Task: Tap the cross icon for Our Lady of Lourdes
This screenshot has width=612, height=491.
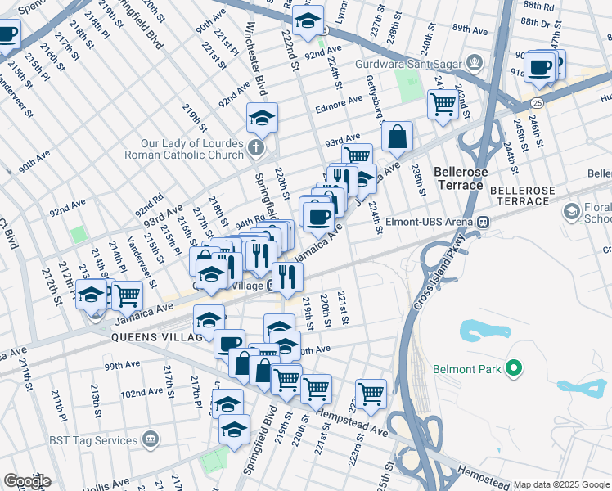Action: [256, 148]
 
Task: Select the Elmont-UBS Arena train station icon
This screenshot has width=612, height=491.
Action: [484, 221]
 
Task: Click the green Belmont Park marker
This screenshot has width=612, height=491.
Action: [513, 369]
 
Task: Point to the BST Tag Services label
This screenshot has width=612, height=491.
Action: [92, 440]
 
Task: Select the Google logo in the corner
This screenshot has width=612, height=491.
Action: [27, 481]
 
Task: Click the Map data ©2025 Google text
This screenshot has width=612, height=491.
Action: [562, 484]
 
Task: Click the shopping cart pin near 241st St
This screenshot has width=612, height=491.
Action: [443, 104]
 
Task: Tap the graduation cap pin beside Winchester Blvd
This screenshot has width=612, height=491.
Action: [262, 119]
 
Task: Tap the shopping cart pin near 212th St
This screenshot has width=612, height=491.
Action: [126, 295]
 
